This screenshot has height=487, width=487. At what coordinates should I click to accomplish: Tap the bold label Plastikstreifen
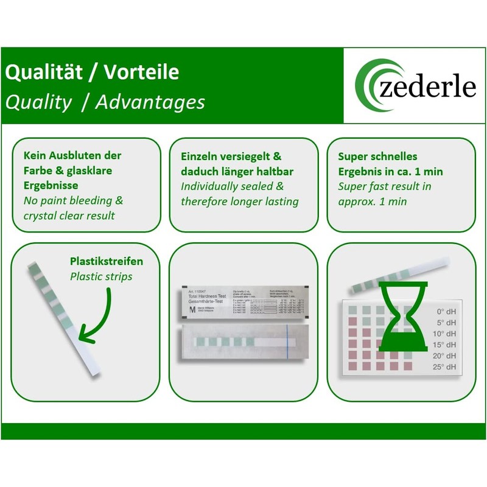tap(107, 261)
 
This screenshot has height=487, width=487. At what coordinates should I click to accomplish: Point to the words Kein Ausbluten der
tap(72, 155)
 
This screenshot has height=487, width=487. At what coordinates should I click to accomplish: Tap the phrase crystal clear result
tap(69, 215)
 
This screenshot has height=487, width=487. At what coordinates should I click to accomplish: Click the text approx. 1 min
tap(373, 201)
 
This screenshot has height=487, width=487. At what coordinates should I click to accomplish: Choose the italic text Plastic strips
tap(100, 276)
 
